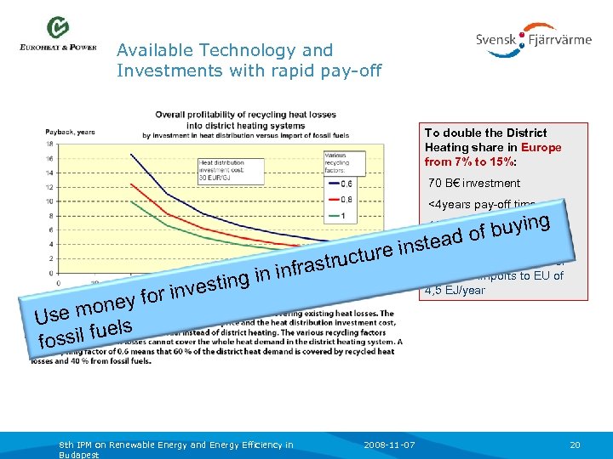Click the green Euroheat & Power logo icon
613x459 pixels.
pyautogui.click(x=58, y=27)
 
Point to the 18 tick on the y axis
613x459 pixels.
pyautogui.click(x=49, y=144)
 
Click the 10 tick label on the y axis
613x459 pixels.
pyautogui.click(x=49, y=201)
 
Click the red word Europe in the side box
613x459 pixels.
pyautogui.click(x=544, y=147)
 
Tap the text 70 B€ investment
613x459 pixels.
pyautogui.click(x=473, y=183)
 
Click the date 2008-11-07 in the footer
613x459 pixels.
pyautogui.click(x=388, y=445)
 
